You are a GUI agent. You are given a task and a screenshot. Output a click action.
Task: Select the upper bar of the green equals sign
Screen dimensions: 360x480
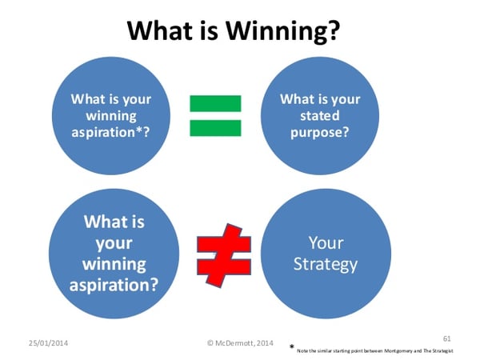(215, 102)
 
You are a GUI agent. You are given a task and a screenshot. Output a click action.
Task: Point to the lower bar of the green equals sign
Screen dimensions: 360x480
(215, 126)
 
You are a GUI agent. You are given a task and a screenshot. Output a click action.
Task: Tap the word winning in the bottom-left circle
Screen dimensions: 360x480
(108, 263)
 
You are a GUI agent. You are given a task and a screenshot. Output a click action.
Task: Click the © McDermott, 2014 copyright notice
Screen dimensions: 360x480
(241, 342)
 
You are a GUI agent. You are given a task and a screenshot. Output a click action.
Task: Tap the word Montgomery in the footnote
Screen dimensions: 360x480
(395, 351)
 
